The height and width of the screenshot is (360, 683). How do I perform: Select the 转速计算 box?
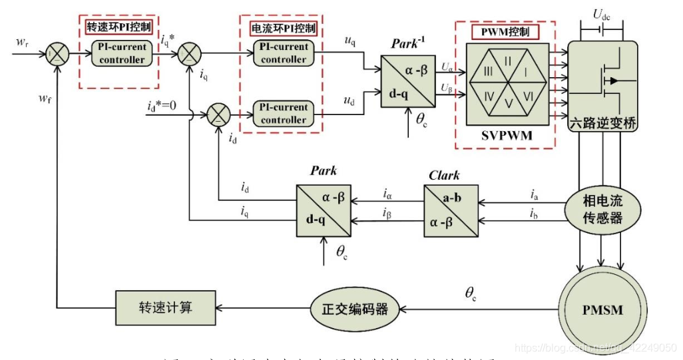click(166, 307)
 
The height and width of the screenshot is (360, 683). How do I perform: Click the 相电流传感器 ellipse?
click(602, 208)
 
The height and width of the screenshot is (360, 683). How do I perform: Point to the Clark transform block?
click(451, 210)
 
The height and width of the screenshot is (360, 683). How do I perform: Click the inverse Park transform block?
click(407, 81)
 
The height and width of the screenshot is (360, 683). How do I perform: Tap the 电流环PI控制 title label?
click(283, 29)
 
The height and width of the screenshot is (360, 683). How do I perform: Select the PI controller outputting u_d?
click(284, 113)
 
